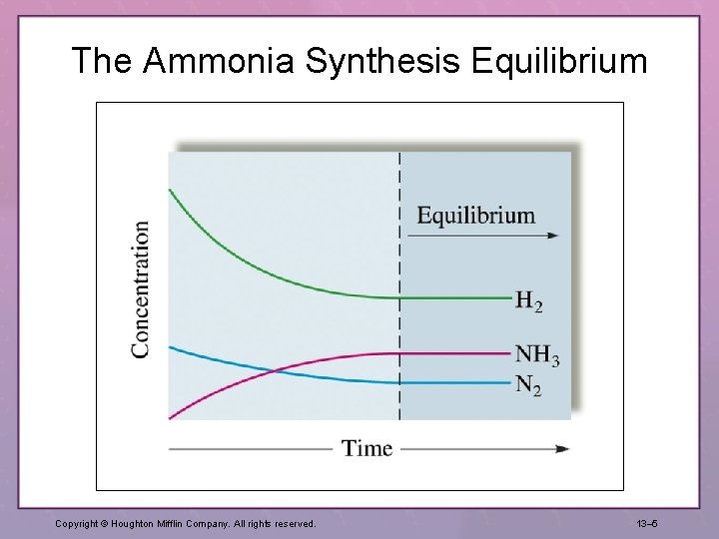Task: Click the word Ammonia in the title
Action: (x=219, y=62)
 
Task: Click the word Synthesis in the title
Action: (x=382, y=62)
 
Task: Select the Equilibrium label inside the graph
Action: (x=475, y=215)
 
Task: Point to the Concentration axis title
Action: (x=141, y=288)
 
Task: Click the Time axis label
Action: (x=367, y=448)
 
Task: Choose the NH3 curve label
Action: (x=537, y=354)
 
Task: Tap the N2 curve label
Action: (x=528, y=384)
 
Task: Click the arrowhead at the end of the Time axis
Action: (x=562, y=448)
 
